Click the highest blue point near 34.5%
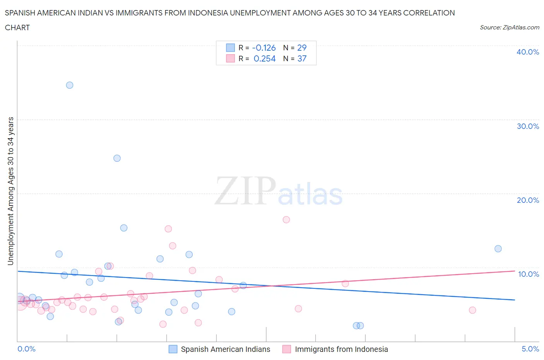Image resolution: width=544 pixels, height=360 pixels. (70, 85)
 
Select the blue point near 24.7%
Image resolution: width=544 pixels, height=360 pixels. (117, 158)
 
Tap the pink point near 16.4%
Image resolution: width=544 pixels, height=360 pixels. (286, 219)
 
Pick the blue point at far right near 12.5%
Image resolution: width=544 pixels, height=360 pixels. (498, 249)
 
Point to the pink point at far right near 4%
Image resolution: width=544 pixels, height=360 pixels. (472, 310)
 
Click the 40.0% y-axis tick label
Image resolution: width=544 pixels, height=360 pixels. (528, 52)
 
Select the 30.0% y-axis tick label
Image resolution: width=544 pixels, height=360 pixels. (528, 126)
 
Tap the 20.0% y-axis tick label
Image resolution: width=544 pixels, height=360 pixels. (528, 200)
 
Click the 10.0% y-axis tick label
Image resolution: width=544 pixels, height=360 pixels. (528, 274)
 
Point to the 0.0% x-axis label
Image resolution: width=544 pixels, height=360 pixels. (26, 349)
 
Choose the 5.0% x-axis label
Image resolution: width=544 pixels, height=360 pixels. (530, 349)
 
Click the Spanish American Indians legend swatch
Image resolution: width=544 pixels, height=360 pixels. (173, 349)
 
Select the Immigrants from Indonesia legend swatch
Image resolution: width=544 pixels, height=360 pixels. (287, 349)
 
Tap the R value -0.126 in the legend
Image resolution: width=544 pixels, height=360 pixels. (264, 48)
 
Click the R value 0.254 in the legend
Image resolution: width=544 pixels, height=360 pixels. (265, 58)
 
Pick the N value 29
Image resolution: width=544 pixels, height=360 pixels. (302, 48)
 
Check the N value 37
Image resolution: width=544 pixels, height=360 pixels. (302, 58)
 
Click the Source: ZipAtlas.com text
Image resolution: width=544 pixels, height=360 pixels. (509, 27)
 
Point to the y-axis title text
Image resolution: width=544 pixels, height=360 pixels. (10, 191)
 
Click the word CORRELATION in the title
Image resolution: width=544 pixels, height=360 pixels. (429, 13)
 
